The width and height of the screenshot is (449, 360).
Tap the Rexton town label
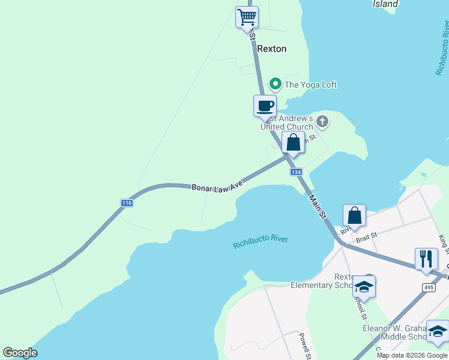[x=272, y=49]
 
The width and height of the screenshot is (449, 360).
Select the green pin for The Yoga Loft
[x=276, y=84]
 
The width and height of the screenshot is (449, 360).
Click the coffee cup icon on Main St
[x=265, y=106]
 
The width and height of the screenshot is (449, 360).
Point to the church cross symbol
[x=322, y=122]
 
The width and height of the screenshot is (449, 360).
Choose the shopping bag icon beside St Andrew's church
[x=293, y=143]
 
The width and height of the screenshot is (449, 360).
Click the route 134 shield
[x=296, y=172]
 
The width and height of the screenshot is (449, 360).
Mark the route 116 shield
[x=127, y=203]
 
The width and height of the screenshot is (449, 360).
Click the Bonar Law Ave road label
[x=217, y=187]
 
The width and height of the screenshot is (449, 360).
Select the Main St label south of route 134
[x=318, y=206]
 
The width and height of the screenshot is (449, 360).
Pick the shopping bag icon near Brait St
[x=354, y=215]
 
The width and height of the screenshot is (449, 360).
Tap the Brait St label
[x=366, y=237]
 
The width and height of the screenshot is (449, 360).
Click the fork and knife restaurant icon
[x=426, y=259]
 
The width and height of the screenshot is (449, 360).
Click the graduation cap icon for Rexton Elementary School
[x=364, y=287]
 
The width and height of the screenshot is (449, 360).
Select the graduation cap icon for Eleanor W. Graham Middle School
[x=438, y=331]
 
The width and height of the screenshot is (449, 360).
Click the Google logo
[x=20, y=353]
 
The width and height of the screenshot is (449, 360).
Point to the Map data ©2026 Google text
[x=412, y=355]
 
